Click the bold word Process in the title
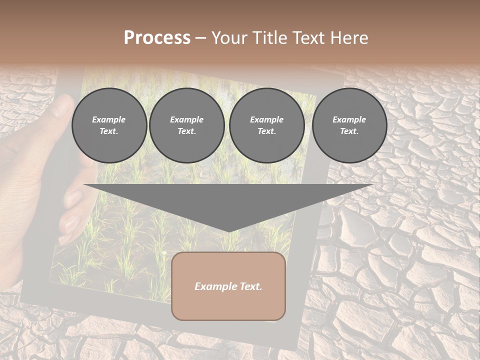pos(157,38)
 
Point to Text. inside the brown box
pos(249,286)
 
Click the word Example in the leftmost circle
pos(109,119)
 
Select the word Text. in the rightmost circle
pos(349,131)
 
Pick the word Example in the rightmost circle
pos(349,119)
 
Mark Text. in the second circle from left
pos(186,131)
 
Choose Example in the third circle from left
pos(266,119)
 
